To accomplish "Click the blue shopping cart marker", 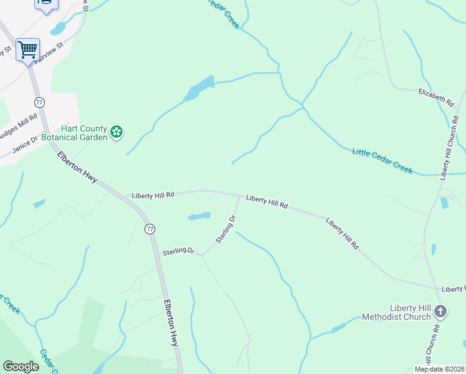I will (27, 49).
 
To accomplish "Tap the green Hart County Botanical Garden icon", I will (116, 132).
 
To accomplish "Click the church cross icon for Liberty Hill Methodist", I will (440, 312).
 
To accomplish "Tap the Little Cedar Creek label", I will (383, 161).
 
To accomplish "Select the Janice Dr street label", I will (25, 143).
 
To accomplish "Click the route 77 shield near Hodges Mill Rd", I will (39, 102).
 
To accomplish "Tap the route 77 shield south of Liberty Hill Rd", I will (150, 229).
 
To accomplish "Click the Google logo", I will (21, 366).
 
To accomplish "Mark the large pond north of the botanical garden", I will (199, 89).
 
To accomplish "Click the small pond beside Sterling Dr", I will (199, 216).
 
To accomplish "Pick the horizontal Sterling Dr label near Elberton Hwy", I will (179, 251).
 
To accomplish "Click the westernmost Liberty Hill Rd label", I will (153, 195).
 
